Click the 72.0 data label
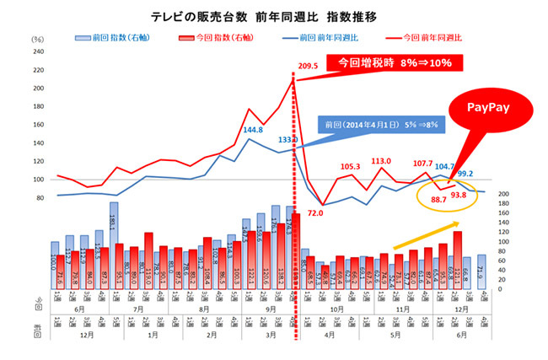315,214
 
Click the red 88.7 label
439,199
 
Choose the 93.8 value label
459,196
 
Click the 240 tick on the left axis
38,51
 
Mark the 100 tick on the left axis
38,180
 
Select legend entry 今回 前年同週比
422,37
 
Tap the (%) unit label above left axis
37,39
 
